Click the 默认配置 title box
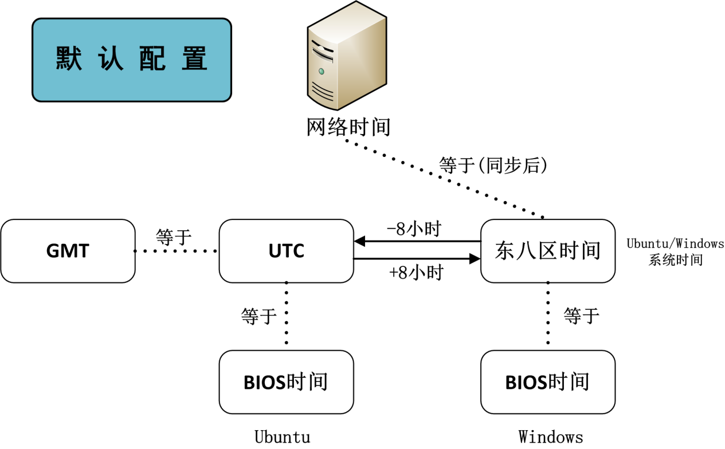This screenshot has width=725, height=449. [x=131, y=60]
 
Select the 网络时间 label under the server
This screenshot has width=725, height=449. [x=348, y=127]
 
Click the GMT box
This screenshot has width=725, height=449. [x=68, y=251]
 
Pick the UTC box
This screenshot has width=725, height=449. [x=286, y=251]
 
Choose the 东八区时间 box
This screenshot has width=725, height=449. [x=547, y=251]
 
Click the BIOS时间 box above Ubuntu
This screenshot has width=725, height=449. [x=286, y=382]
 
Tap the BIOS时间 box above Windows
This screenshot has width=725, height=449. [x=547, y=382]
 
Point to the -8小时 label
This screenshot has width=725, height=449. [x=413, y=230]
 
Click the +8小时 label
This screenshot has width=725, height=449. [x=416, y=273]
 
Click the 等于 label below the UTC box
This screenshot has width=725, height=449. [x=259, y=316]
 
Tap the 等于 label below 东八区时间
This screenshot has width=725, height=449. [x=581, y=316]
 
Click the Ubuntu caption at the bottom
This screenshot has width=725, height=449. [x=283, y=436]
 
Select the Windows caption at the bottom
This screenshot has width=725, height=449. [x=551, y=436]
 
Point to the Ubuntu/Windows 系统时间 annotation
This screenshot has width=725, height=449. [x=675, y=251]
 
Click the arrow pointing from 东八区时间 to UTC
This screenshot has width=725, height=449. [x=417, y=242]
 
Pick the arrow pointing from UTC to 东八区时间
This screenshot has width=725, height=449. [x=417, y=259]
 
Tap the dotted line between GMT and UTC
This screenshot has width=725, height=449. [x=177, y=251]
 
